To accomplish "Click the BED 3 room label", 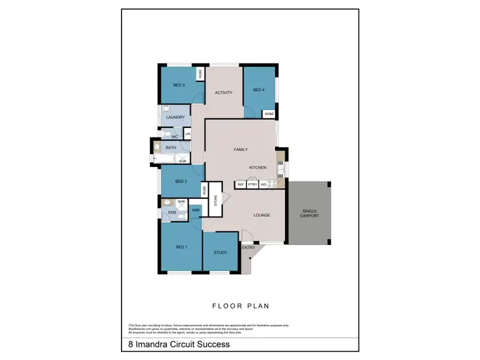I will pyautogui.click(x=179, y=85).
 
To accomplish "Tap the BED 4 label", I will pyautogui.click(x=259, y=90).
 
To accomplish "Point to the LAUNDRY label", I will pyautogui.click(x=175, y=118).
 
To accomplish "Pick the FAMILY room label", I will pyautogui.click(x=241, y=149).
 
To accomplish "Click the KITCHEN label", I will pyautogui.click(x=258, y=168).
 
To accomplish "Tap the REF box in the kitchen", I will pyautogui.click(x=241, y=184).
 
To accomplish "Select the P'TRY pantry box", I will pyautogui.click(x=252, y=184).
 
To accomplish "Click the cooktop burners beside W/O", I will pyautogui.click(x=272, y=184).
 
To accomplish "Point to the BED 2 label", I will pyautogui.click(x=180, y=182).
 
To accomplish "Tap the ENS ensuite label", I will pyautogui.click(x=172, y=213).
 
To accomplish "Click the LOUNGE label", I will pyautogui.click(x=260, y=215).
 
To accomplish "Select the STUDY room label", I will pyautogui.click(x=220, y=253).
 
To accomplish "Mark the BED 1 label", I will pyautogui.click(x=181, y=247).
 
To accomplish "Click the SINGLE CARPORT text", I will pyautogui.click(x=310, y=213).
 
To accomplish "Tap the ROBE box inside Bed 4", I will pyautogui.click(x=269, y=113).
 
